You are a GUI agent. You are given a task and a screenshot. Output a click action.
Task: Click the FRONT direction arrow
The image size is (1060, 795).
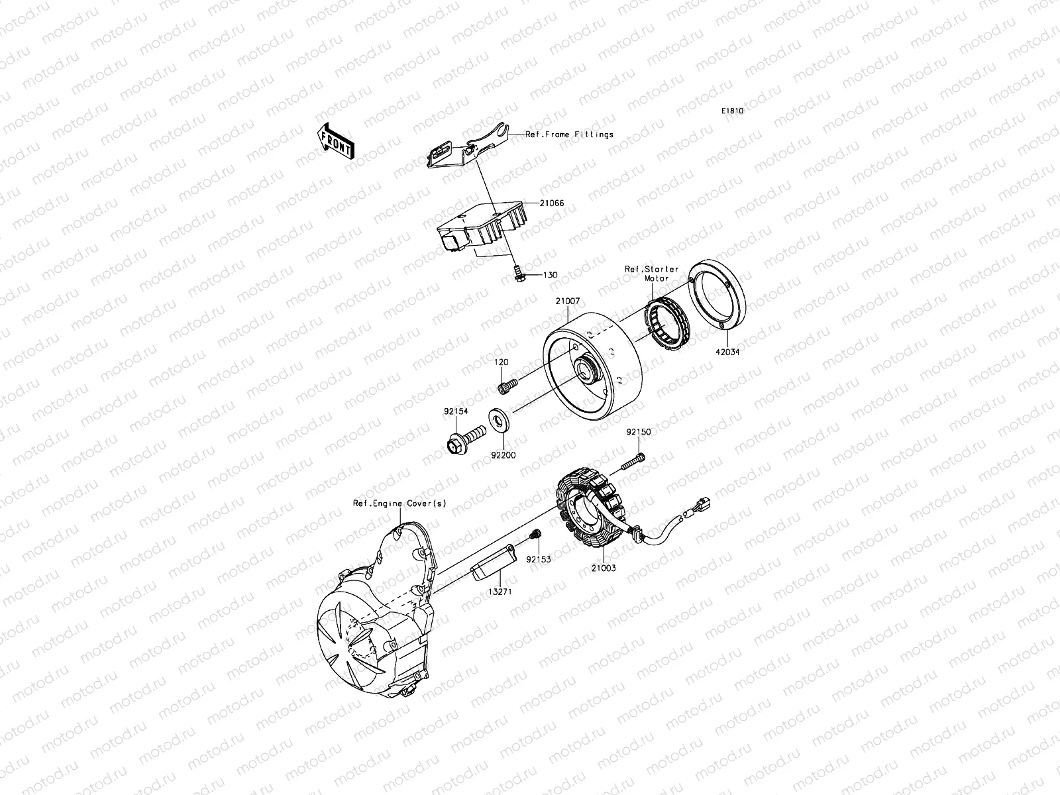click(x=337, y=140)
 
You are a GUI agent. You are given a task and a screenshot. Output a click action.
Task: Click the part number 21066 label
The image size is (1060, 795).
click(x=551, y=203)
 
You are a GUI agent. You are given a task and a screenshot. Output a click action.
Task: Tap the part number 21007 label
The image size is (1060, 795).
click(x=567, y=301)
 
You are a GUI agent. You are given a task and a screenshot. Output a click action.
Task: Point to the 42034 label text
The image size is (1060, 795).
click(x=727, y=352)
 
